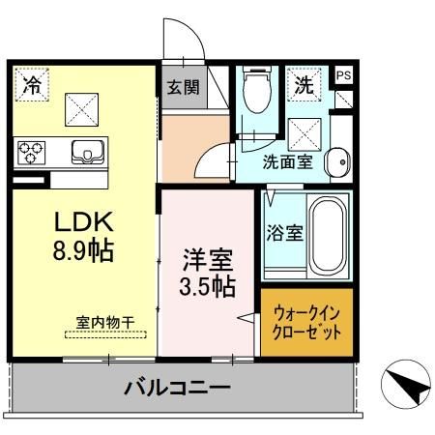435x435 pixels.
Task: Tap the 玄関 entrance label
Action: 183,86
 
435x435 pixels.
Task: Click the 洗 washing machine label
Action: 304,84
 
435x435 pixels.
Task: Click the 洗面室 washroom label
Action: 287,161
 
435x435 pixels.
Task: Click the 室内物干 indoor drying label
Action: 106,321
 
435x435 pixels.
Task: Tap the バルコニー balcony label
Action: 176,390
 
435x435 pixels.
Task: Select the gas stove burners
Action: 30,153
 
